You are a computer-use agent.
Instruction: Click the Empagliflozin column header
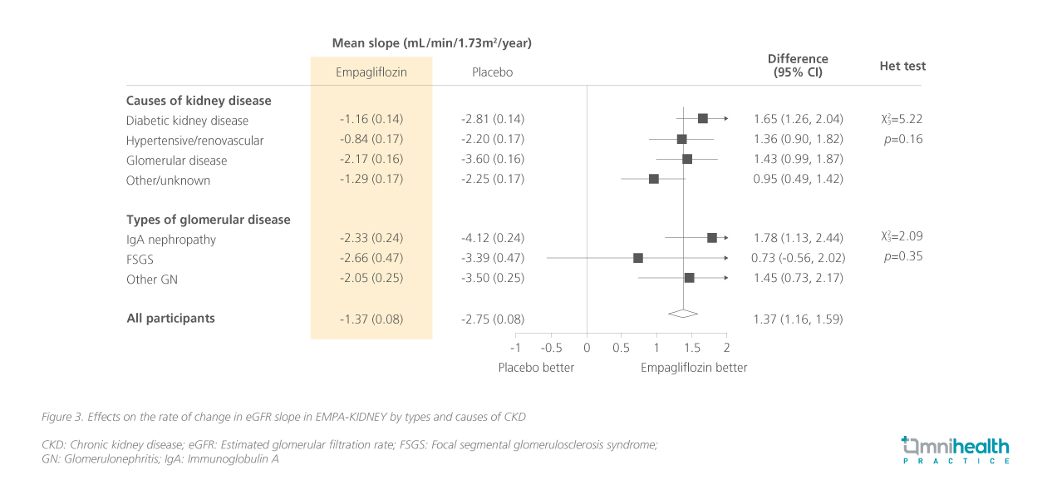[x=371, y=72]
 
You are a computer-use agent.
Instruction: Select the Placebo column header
[x=492, y=72]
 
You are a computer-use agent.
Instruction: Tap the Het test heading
[x=902, y=67]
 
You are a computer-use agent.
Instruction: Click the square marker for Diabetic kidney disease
[x=703, y=119]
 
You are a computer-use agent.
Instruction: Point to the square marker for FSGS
[x=638, y=258]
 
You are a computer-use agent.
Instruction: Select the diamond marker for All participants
[x=683, y=313]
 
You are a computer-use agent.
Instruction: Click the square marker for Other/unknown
[x=654, y=179]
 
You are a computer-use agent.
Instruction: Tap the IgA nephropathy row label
[x=171, y=240]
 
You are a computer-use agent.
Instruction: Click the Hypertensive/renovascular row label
[x=194, y=141]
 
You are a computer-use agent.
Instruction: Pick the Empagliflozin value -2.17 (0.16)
[x=371, y=159]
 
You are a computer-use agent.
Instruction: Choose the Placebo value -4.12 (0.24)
[x=493, y=238]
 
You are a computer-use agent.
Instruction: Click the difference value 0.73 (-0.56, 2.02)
[x=798, y=258]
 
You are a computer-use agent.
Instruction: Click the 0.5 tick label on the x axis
[x=622, y=348]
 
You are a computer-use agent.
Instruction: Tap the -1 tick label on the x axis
[x=515, y=348]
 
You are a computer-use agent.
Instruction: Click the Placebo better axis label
[x=536, y=368]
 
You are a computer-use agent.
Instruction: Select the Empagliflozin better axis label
[x=694, y=368]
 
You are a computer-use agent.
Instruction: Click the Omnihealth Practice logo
[x=955, y=449]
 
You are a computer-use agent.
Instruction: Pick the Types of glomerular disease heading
[x=209, y=220]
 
